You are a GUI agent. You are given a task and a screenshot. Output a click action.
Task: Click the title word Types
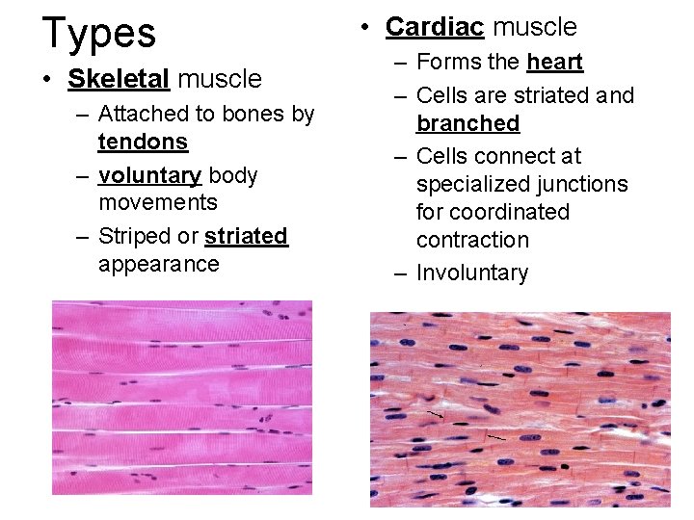[98, 34]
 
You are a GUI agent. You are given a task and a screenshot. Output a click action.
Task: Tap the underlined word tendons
[143, 142]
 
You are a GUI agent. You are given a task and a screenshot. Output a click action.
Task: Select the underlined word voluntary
[149, 175]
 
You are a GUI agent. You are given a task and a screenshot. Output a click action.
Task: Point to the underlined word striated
[246, 236]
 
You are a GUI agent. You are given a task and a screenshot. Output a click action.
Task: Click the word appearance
[158, 264]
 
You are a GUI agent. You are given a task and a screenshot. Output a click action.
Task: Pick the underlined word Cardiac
[435, 27]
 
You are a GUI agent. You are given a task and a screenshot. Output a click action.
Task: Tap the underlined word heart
[555, 63]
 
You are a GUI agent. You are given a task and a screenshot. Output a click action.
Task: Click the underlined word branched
[467, 123]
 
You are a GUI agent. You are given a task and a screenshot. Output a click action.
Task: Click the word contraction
[472, 240]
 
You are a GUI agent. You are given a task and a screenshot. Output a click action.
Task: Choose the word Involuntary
[471, 273]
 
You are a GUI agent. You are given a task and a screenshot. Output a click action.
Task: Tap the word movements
[158, 203]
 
